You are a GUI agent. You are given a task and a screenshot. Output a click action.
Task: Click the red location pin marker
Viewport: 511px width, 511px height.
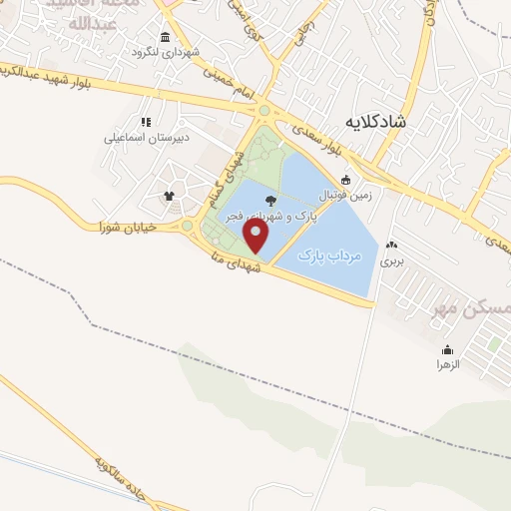pyautogui.click(x=257, y=237)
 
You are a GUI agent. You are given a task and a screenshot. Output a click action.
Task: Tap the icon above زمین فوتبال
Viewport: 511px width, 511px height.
pyautogui.click(x=346, y=181)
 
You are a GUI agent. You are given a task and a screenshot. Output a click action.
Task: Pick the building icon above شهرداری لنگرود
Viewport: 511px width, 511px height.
pyautogui.click(x=165, y=37)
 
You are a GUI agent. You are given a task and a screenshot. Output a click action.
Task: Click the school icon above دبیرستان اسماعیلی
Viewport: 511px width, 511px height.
pyautogui.click(x=147, y=122)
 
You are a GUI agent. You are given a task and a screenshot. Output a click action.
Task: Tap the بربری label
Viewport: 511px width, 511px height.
pyautogui.click(x=390, y=258)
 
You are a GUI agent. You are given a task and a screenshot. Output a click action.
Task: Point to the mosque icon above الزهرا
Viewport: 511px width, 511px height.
pyautogui.click(x=446, y=349)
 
